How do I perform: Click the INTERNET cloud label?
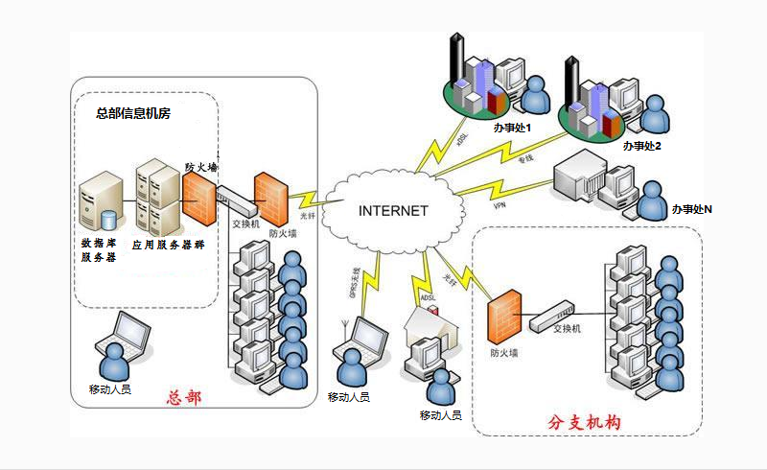coord(393,211)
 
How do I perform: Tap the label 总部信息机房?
coord(133,113)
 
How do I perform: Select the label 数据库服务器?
coord(100,250)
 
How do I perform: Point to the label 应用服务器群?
coord(168,245)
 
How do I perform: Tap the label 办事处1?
coord(512,127)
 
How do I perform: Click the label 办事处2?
coord(642,146)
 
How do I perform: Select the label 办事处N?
coord(691,208)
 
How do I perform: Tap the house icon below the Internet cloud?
coord(433,326)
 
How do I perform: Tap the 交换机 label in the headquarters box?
coord(246,225)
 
